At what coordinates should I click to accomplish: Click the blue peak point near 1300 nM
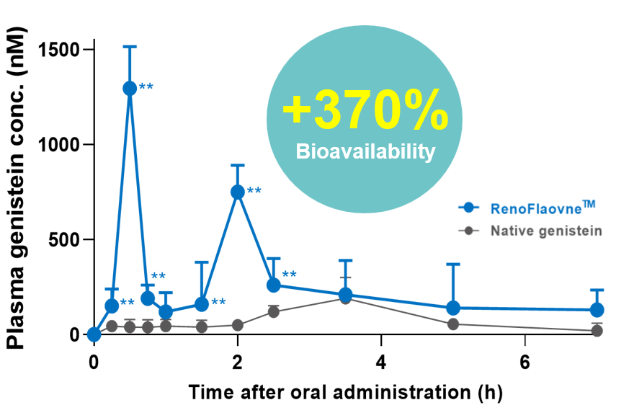130,88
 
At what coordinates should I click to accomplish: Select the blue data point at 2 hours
238,192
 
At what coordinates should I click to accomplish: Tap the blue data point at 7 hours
597,310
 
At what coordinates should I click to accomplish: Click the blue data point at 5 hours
453,308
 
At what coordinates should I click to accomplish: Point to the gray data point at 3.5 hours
346,298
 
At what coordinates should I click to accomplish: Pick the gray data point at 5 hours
453,324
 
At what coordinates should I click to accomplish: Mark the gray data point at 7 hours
597,331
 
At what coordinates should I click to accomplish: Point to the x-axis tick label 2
237,361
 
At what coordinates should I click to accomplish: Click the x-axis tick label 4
381,361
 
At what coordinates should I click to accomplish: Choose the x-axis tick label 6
524,361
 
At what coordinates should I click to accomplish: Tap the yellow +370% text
365,110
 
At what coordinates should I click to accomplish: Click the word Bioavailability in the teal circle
366,152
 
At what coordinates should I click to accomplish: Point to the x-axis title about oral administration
345,393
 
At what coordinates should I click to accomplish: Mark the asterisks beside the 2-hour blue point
254,192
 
